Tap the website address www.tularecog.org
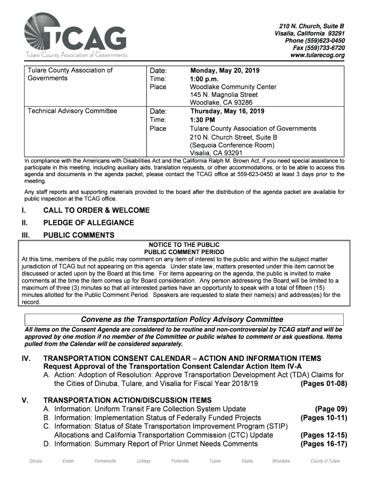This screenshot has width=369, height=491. click(x=317, y=56)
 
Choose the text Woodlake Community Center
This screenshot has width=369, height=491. click(x=233, y=87)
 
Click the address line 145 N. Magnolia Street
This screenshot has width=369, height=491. click(x=223, y=95)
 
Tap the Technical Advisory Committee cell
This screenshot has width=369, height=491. click(x=72, y=111)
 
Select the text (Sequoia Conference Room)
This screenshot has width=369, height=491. click(x=232, y=145)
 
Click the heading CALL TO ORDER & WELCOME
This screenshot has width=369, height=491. click(x=96, y=210)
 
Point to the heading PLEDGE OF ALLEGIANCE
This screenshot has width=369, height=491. click(x=89, y=223)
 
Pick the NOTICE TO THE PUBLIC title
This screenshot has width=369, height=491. click(x=184, y=245)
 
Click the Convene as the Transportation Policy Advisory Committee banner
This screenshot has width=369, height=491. click(x=182, y=319)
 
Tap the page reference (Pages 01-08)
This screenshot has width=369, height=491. click(x=323, y=384)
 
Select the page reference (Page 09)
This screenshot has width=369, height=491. click(x=331, y=409)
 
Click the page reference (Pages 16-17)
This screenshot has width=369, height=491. click(x=323, y=444)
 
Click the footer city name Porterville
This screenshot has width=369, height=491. click(x=180, y=461)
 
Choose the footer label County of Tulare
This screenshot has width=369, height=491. click(x=325, y=461)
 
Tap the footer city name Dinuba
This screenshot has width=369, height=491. click(x=35, y=461)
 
